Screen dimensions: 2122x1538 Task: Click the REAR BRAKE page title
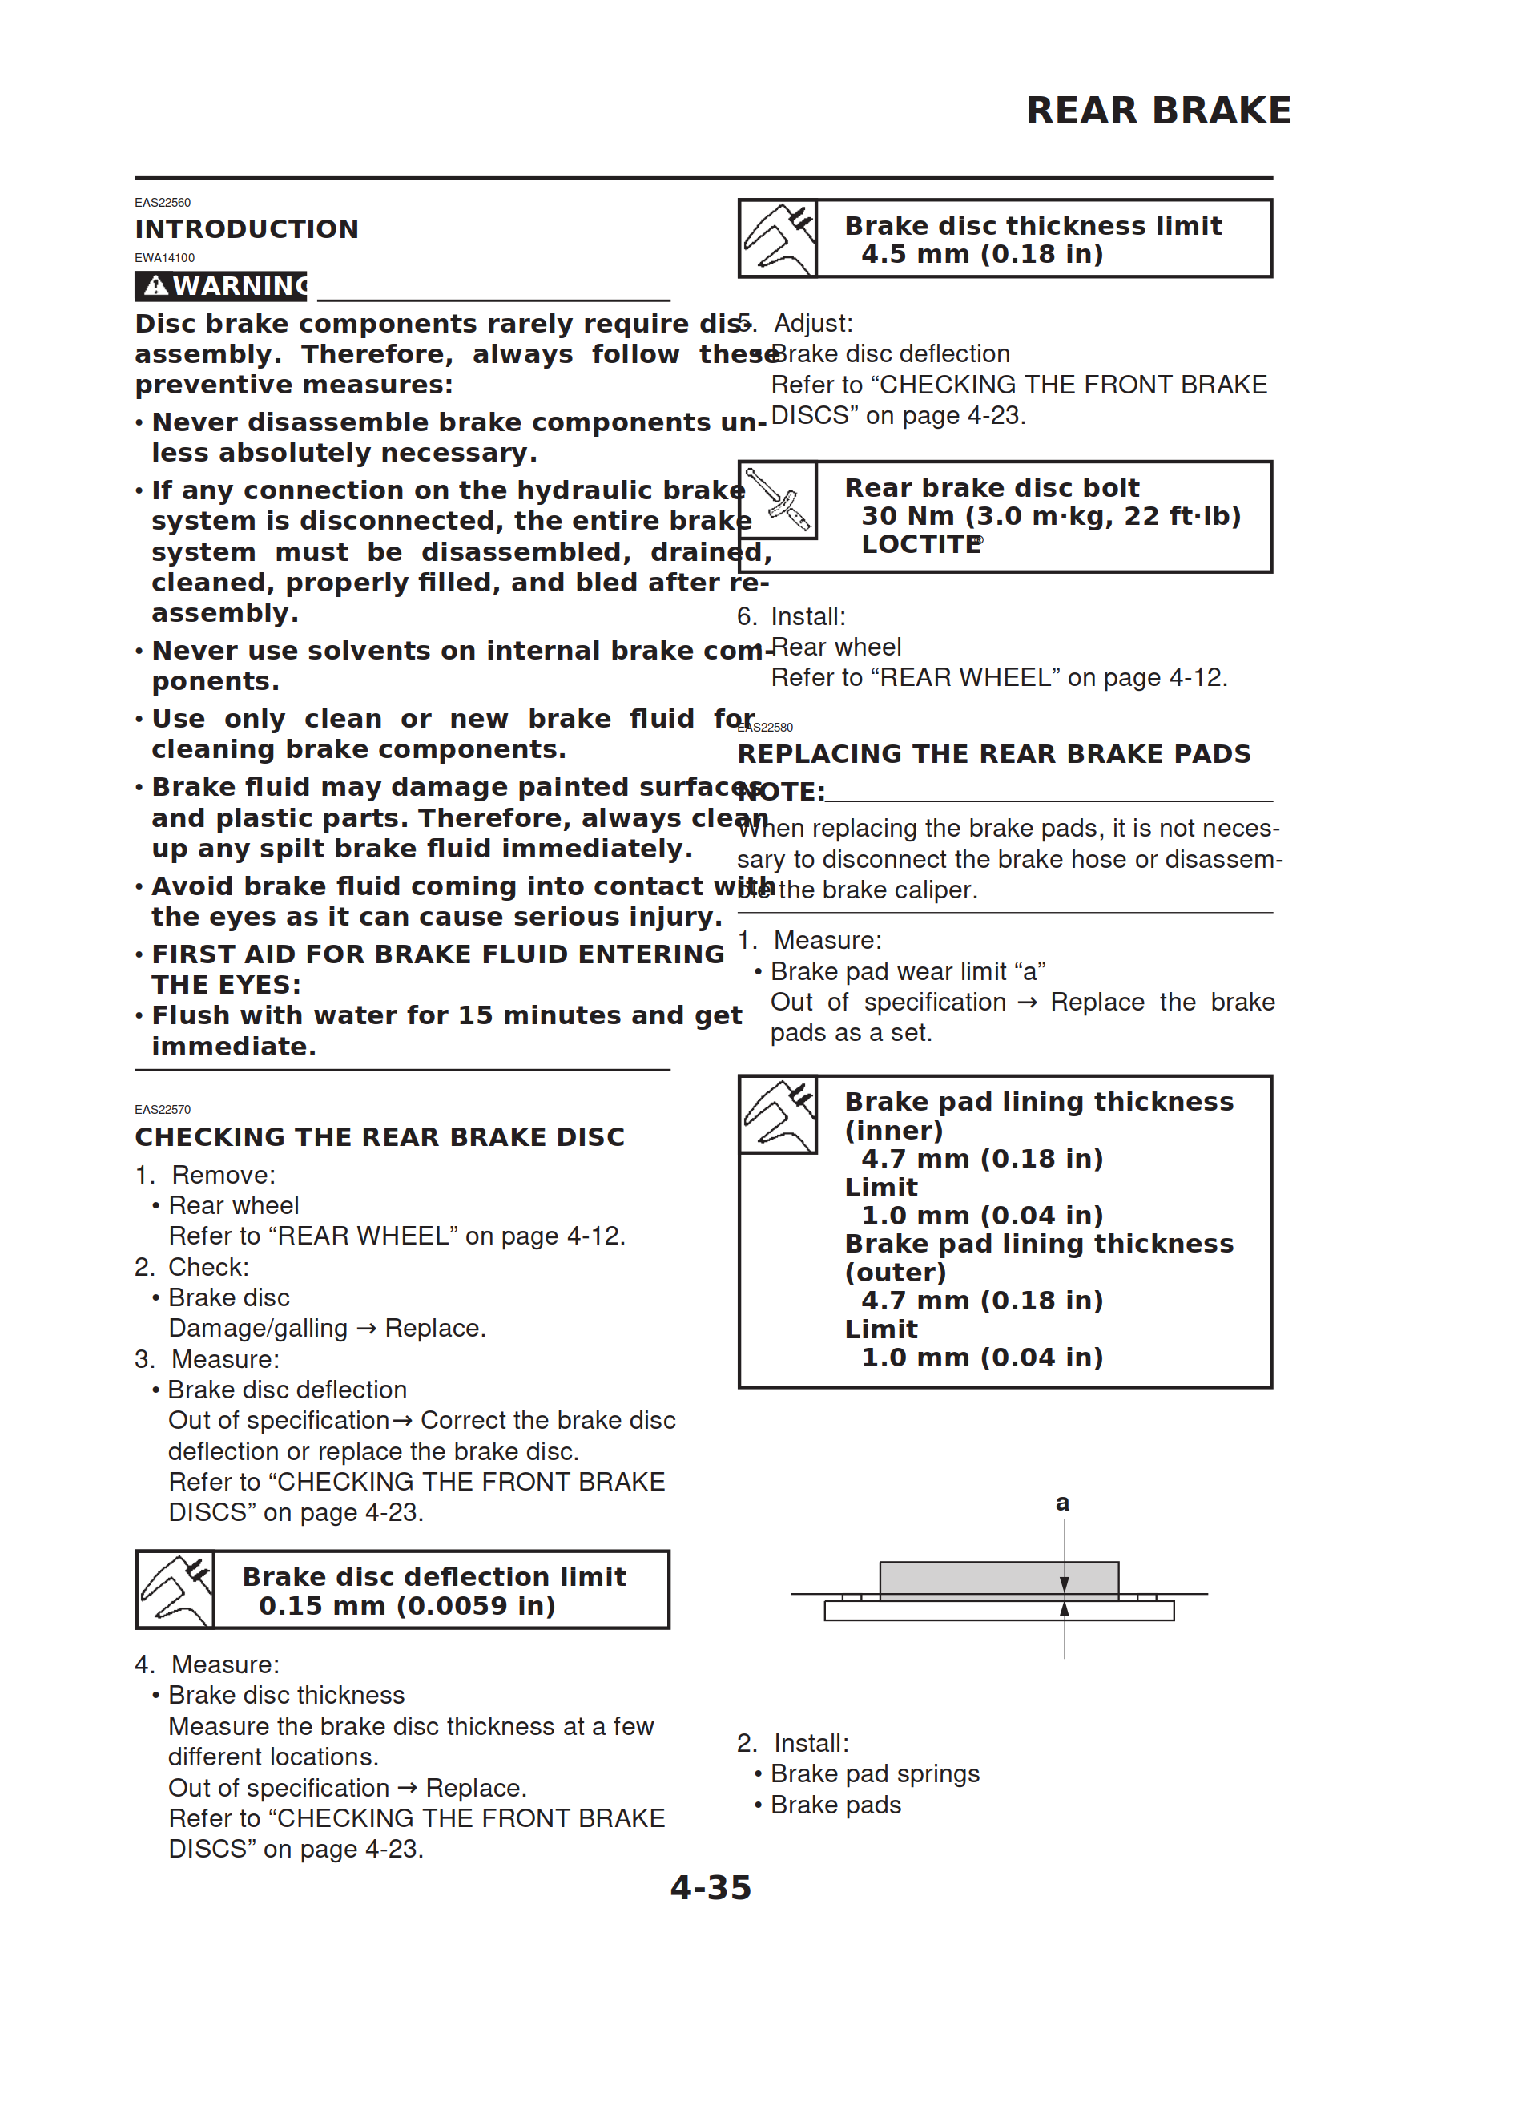[x=1158, y=111]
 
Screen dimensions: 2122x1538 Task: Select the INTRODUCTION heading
[x=247, y=229]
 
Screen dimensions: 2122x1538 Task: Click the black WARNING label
[x=221, y=285]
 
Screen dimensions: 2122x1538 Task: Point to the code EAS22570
[x=163, y=1110]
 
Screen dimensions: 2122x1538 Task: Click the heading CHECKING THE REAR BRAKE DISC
[x=380, y=1137]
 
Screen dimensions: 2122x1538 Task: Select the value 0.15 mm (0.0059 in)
[x=407, y=1606]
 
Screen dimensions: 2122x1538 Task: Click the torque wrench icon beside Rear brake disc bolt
[x=778, y=501]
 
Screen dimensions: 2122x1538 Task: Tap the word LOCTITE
[x=920, y=545]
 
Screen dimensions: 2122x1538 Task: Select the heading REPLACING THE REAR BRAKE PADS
[x=993, y=754]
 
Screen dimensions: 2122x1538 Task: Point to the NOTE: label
[x=781, y=793]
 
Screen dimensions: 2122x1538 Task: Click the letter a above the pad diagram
[x=1062, y=1503]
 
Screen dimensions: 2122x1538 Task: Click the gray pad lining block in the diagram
[x=997, y=1580]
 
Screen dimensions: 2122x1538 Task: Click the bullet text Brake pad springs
[x=875, y=1774]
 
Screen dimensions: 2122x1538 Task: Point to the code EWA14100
[x=165, y=258]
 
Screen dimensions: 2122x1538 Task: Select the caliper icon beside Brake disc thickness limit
[x=778, y=239]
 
